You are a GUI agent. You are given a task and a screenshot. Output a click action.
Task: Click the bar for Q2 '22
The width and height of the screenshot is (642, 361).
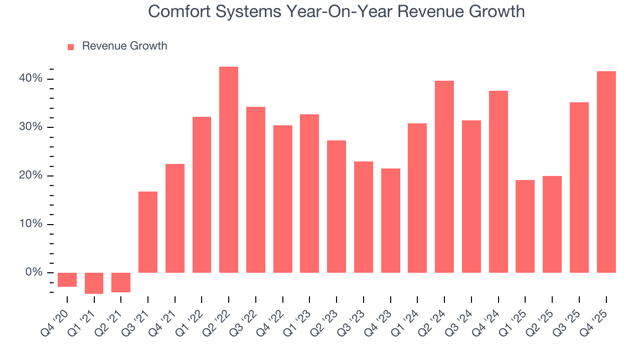point(229,169)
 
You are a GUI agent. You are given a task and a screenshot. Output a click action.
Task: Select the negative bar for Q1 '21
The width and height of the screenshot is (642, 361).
point(94,283)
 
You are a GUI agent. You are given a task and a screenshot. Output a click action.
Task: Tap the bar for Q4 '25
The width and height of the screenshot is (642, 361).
point(606,172)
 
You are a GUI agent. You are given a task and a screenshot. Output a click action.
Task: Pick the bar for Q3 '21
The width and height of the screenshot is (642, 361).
point(148,232)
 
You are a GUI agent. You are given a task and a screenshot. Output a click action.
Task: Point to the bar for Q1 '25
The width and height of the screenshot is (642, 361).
point(525,226)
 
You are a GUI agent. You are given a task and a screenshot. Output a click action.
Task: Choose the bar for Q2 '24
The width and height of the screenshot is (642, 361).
point(444,176)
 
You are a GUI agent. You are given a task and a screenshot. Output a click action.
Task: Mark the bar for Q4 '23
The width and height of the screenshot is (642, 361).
point(391,221)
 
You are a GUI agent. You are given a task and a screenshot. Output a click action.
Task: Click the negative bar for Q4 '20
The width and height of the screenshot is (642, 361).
point(67,280)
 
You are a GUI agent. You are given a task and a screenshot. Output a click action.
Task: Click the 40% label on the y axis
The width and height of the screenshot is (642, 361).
point(31,79)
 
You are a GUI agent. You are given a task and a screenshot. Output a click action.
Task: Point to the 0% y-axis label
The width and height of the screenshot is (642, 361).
point(34,272)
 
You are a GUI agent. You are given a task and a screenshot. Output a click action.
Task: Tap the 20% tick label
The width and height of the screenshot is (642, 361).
point(31,175)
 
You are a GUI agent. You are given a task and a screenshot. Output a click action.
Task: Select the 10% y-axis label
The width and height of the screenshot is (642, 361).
point(31,224)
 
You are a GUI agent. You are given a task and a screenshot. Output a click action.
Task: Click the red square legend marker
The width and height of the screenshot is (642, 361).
point(71,47)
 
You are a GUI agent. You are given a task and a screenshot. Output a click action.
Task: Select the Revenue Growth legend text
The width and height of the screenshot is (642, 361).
point(124,46)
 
